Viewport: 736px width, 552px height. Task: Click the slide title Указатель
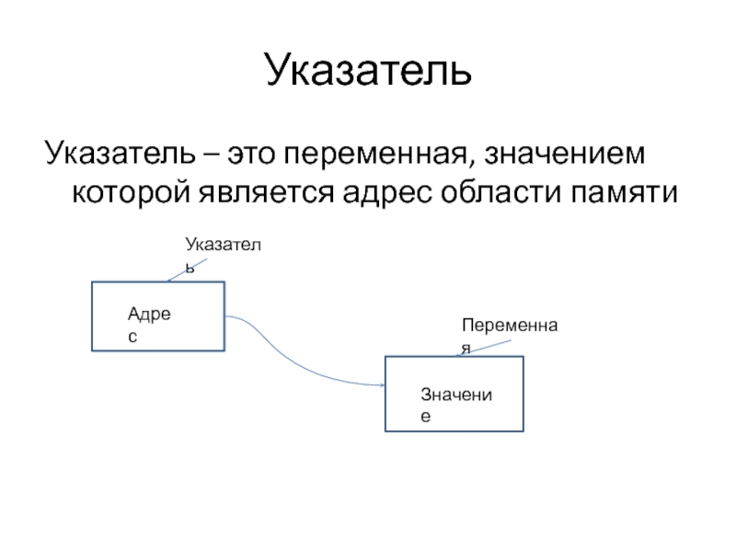368,72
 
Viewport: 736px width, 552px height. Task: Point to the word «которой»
130,192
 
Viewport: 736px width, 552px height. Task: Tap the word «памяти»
617,192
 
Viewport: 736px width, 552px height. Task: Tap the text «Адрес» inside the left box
150,325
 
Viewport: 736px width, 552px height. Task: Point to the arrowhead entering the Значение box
379,386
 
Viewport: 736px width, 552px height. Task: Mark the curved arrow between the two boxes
294,362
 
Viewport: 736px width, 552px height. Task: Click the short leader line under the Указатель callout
189,271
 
